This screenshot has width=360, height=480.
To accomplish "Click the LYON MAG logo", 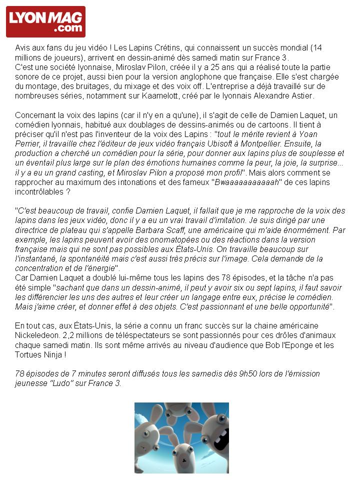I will click(45, 21).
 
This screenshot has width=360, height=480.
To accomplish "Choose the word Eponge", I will click(302, 344).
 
